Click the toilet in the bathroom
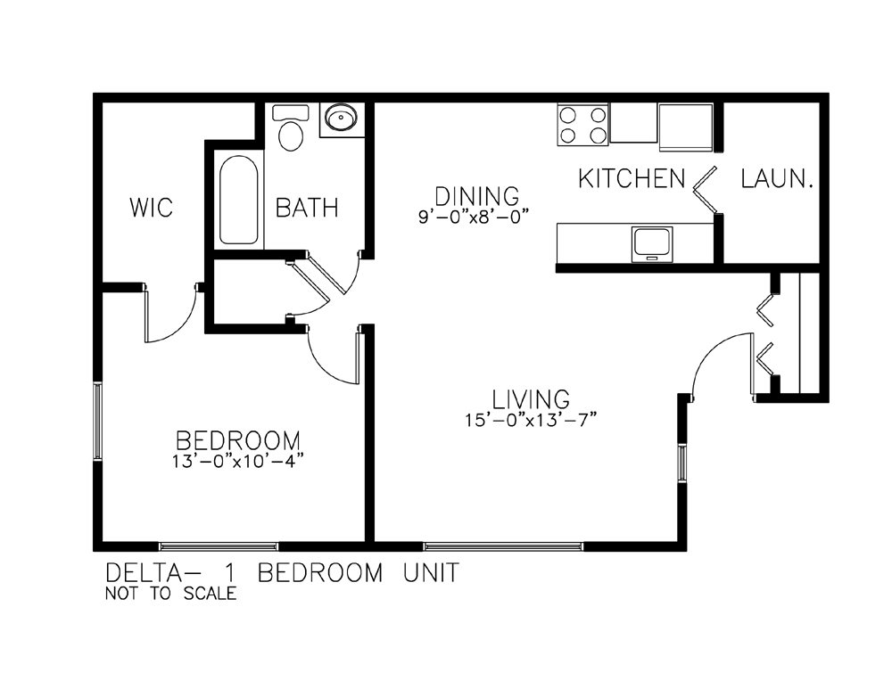tap(291, 128)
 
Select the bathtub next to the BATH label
tap(238, 200)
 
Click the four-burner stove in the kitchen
tap(582, 125)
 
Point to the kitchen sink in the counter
tap(652, 244)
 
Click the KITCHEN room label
tap(632, 178)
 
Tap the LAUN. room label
tap(776, 179)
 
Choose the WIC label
tap(151, 208)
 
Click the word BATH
tap(307, 208)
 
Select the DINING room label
tap(476, 196)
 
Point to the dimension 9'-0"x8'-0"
tap(474, 217)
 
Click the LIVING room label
tap(530, 399)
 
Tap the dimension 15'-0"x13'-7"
tap(530, 420)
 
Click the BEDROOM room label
tap(238, 440)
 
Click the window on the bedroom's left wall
tap(97, 421)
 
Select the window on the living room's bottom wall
tap(503, 547)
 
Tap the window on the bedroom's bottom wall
tap(219, 547)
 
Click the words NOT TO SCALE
tap(170, 594)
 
